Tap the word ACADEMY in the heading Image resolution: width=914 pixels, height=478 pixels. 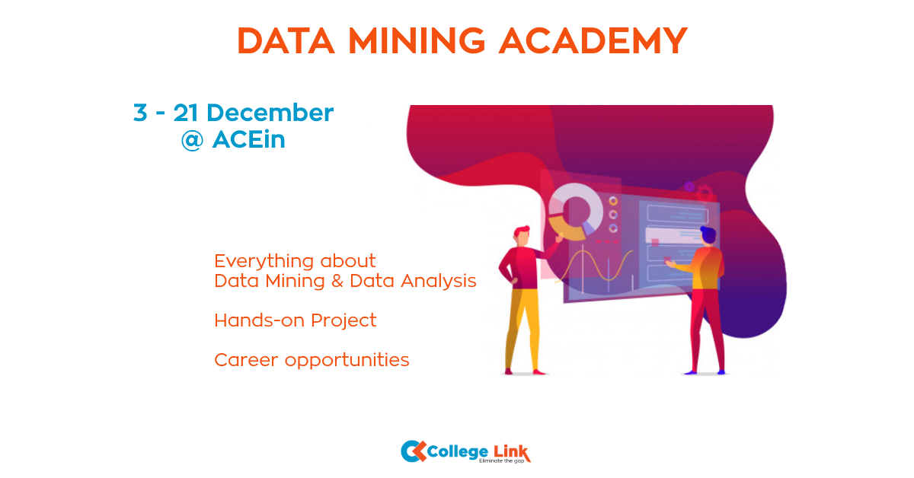point(593,40)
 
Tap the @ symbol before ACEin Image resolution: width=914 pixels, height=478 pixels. point(192,140)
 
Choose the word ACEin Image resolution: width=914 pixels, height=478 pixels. point(248,140)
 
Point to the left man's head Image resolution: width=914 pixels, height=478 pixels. point(522,235)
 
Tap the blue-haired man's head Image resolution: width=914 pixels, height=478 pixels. point(708,235)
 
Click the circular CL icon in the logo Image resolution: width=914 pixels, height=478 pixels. point(413,451)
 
